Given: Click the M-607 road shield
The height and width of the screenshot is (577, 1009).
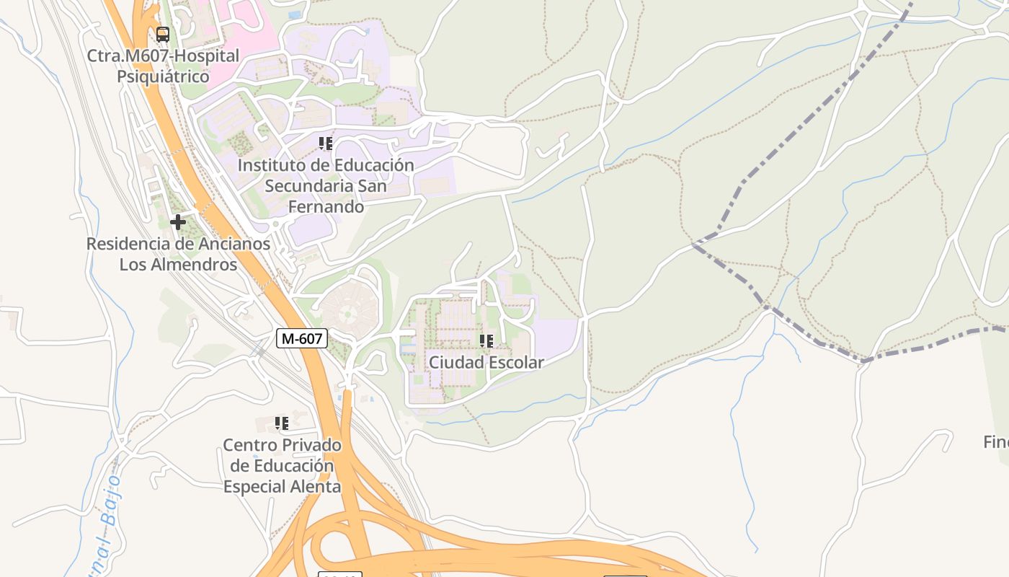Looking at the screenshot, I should coord(302,338).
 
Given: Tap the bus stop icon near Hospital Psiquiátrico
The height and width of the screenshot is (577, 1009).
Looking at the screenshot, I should coord(163,34).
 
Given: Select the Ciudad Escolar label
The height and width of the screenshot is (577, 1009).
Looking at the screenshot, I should coord(486,362).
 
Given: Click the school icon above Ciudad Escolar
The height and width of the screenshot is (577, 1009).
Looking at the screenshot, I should coord(486,340).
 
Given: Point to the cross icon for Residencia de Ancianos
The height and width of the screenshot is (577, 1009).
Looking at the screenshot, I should coord(177,222).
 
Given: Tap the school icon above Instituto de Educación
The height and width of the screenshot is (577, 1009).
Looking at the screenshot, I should coord(326,144).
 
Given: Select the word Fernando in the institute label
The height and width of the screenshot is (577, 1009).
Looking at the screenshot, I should coord(326,207).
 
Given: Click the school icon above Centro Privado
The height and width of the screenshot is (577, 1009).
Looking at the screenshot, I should coord(282,423).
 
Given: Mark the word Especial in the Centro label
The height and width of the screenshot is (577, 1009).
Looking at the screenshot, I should coord(256,487).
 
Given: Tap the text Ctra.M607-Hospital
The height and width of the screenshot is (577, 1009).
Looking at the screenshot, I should coord(163,56).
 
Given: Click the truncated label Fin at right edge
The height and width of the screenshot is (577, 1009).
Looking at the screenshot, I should coord(996,442).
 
